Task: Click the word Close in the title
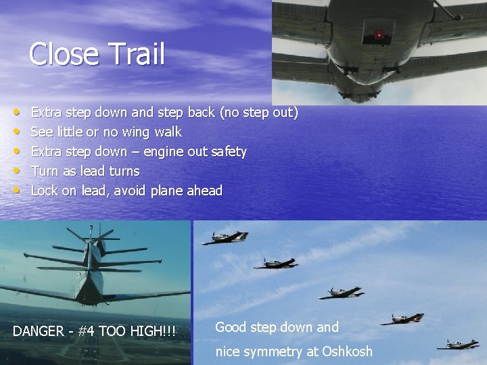[x=64, y=54]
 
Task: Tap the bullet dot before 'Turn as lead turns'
[x=16, y=171]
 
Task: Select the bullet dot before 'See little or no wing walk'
[x=16, y=132]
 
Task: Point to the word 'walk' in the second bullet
[x=167, y=132]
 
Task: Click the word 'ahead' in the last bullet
[x=204, y=191]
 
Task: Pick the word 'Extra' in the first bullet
[x=45, y=112]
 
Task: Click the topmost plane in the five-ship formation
[x=225, y=237]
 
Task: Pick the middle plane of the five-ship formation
[x=342, y=293]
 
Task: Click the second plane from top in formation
[x=276, y=263]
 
